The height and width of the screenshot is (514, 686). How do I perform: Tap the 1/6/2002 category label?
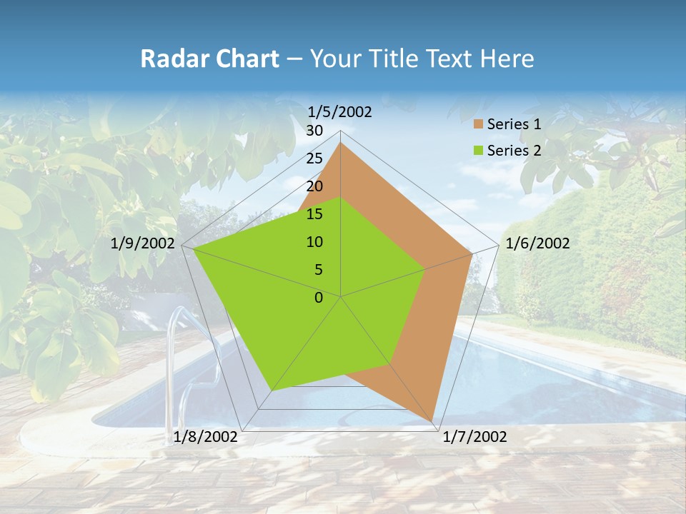pyautogui.click(x=537, y=243)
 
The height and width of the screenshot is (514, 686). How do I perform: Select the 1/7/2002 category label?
pyautogui.click(x=474, y=437)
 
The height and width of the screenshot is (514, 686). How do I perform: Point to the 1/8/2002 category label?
pyautogui.click(x=206, y=437)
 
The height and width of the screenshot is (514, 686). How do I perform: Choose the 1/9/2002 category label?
pyautogui.click(x=143, y=243)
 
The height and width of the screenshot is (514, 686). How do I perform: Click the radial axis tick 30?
pyautogui.click(x=314, y=131)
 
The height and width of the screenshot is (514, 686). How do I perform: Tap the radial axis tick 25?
pyautogui.click(x=314, y=158)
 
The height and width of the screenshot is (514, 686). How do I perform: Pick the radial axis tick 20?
pyautogui.click(x=314, y=186)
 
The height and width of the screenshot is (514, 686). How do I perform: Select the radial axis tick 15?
pyautogui.click(x=314, y=214)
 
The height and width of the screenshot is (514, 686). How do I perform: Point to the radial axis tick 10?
pyautogui.click(x=314, y=242)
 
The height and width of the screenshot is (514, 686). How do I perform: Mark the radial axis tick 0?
pyautogui.click(x=319, y=298)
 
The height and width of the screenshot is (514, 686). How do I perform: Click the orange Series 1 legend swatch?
pyautogui.click(x=478, y=125)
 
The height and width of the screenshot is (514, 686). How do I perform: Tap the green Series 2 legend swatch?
pyautogui.click(x=478, y=151)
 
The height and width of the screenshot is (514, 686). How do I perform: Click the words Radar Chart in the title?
pyautogui.click(x=209, y=59)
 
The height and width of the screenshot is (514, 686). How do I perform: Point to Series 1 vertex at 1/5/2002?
pyautogui.click(x=341, y=143)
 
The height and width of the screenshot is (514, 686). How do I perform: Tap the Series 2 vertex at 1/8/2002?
pyautogui.click(x=272, y=390)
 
